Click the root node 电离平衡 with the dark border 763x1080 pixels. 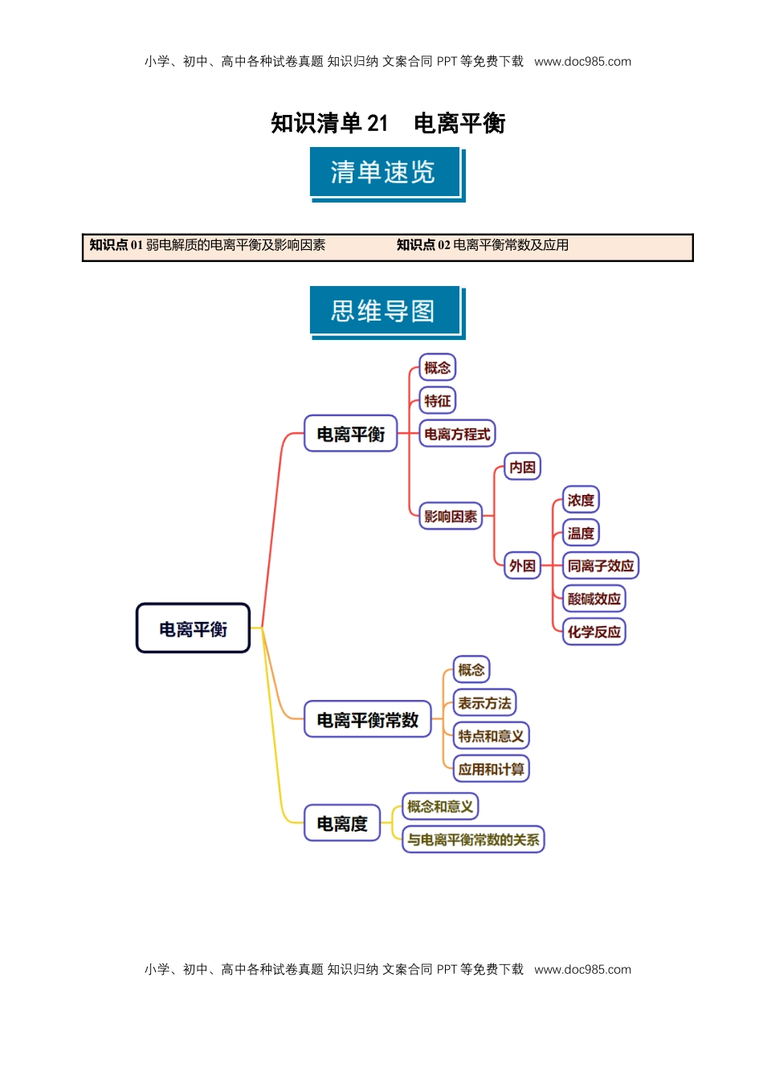tap(193, 628)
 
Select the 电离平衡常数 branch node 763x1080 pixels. tap(367, 720)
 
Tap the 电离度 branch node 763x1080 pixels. tap(341, 824)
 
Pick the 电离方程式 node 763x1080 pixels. tap(457, 434)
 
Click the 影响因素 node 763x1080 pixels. tap(450, 517)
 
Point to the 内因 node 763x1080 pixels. tap(522, 467)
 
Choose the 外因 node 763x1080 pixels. tap(522, 566)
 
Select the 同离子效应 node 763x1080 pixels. tap(600, 566)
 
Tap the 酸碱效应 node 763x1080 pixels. tap(594, 599)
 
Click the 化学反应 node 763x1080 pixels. tap(594, 632)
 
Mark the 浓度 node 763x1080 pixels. tap(581, 500)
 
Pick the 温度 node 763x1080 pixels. tap(581, 533)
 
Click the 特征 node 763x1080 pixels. tap(438, 401)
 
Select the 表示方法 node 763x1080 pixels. tap(484, 703)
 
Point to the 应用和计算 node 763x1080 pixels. tap(491, 769)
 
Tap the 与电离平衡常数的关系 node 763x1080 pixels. tap(473, 840)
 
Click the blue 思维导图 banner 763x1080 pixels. tap(384, 311)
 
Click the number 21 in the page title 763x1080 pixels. tap(377, 123)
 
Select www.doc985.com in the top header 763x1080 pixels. tap(582, 61)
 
